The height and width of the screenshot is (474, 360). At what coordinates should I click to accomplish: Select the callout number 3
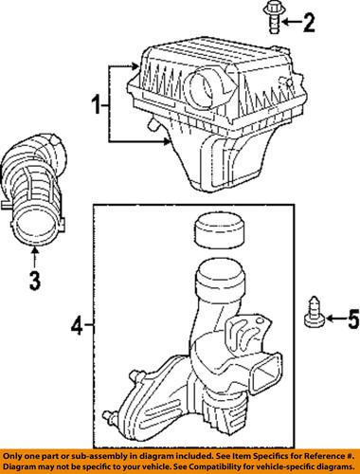tap(33, 280)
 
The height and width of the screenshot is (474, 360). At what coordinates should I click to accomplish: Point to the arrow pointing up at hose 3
tap(34, 253)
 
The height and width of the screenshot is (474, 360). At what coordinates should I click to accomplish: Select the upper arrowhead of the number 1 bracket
tap(135, 68)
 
